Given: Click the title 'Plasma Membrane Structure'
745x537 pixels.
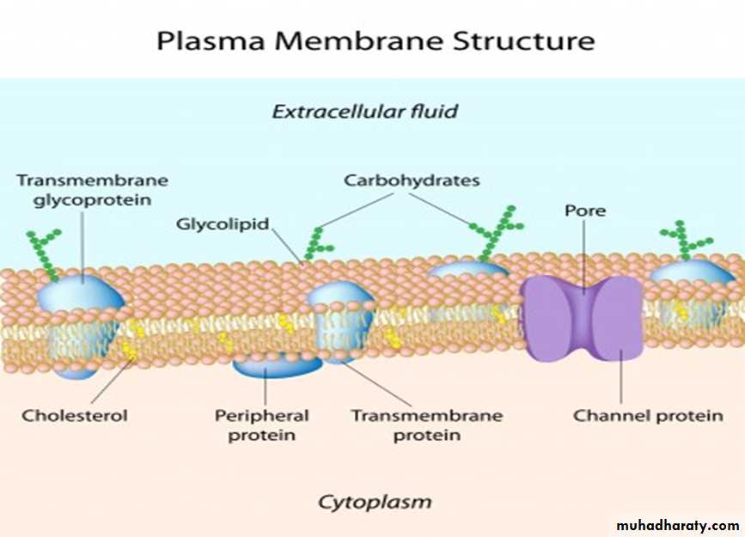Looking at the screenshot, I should [374, 40].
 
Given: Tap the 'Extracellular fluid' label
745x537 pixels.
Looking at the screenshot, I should [364, 111].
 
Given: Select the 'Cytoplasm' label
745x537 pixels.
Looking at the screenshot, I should [375, 501].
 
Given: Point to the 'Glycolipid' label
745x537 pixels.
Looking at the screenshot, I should [223, 224].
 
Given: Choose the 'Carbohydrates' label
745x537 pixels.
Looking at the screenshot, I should [412, 180].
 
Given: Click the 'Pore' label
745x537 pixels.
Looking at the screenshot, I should [585, 211].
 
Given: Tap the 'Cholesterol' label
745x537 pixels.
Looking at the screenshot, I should [75, 416].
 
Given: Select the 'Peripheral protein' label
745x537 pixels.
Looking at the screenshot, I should [261, 424].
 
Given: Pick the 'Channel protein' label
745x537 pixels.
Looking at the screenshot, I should [649, 416].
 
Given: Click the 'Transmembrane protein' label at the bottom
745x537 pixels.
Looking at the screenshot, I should [426, 424].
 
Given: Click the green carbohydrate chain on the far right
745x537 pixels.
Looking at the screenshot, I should [685, 241].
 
